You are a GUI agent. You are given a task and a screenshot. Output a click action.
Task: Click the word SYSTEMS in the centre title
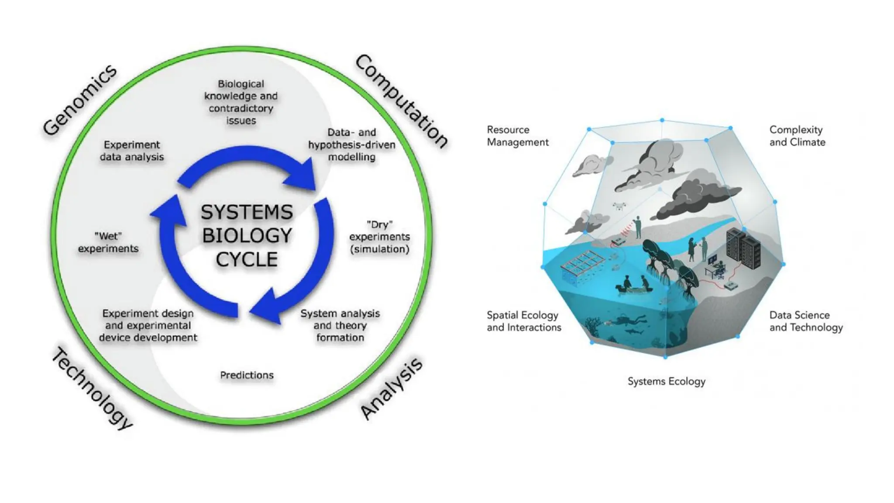click(x=247, y=213)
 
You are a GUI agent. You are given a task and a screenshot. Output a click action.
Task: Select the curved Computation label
click(x=401, y=101)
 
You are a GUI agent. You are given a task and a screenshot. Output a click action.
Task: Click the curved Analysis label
click(x=392, y=388)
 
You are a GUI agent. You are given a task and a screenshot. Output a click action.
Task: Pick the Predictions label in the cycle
click(x=247, y=375)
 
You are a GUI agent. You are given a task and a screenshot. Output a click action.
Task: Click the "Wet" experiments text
click(x=108, y=242)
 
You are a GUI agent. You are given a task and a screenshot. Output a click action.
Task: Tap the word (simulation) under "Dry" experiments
click(x=379, y=249)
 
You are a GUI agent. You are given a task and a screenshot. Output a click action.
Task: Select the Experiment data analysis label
click(x=132, y=151)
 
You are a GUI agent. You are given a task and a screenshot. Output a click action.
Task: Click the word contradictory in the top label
click(x=241, y=108)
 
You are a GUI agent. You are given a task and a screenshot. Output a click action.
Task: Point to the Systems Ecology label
click(x=666, y=381)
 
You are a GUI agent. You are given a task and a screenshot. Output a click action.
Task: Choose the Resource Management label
click(x=518, y=136)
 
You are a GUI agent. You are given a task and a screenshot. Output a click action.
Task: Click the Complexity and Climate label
click(x=797, y=136)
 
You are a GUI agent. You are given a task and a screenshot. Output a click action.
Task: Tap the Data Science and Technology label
click(x=806, y=321)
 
